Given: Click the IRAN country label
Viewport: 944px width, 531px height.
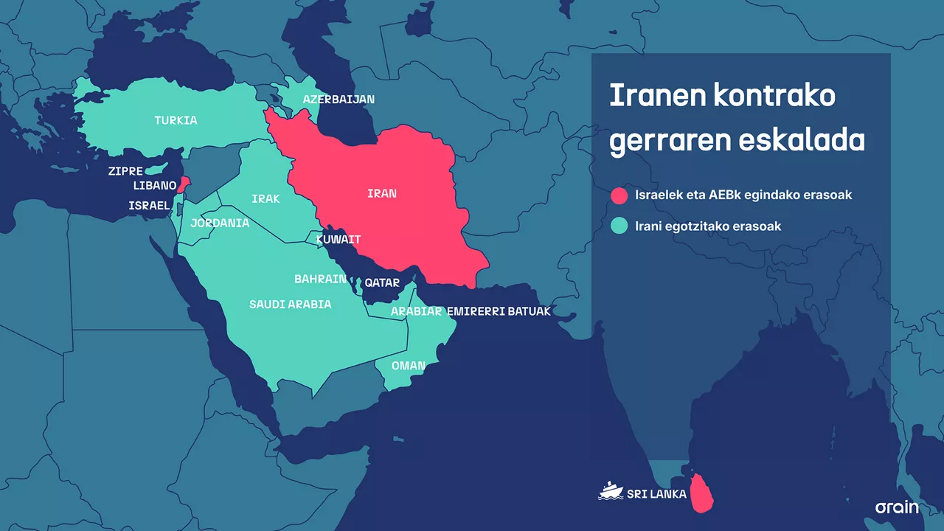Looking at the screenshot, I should coord(382,194).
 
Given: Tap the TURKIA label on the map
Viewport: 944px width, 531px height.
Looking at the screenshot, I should coord(176,120).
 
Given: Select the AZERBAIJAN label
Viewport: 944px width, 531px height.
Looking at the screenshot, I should coord(339,99).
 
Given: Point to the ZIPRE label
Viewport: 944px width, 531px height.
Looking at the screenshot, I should coord(125,171).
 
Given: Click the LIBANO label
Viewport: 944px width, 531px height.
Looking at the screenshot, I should coord(154,185).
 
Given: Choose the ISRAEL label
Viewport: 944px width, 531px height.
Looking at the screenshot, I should coord(149,206).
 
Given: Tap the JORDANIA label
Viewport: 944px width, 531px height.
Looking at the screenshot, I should coord(220,223).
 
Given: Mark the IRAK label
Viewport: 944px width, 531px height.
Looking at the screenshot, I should coord(265,199).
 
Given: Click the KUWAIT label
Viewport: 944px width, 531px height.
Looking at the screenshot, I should coord(339,240).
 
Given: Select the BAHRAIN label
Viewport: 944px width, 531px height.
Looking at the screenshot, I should coord(320,279).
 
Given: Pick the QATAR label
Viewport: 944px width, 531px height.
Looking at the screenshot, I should coord(382,282).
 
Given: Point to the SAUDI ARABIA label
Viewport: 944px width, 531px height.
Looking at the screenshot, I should coord(290,304).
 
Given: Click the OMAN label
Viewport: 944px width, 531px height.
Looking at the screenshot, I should coord(408,366).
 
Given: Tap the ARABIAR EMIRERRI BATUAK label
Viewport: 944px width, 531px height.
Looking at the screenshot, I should coord(471,311).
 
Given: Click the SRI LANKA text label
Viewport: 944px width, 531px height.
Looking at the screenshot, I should coord(657,493).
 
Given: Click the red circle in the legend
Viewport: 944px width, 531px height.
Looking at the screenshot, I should coord(619,195).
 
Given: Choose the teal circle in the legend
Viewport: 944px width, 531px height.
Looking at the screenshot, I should coord(619,226).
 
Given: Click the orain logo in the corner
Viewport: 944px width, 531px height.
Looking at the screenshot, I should coord(897,507).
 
